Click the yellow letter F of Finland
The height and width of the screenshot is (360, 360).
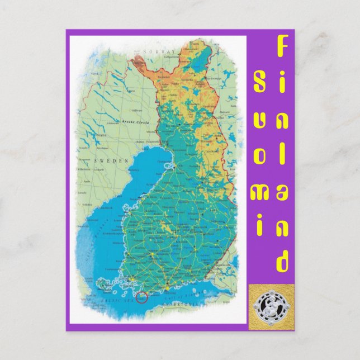[x=283, y=46]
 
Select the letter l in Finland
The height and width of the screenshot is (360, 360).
[x=283, y=154]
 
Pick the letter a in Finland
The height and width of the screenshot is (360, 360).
[x=283, y=191]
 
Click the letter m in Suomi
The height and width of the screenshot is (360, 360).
[x=260, y=193]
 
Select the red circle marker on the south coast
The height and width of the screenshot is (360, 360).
[x=141, y=296]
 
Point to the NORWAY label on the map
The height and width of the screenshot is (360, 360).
[x=151, y=51]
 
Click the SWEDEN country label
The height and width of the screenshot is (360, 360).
[x=106, y=160]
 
